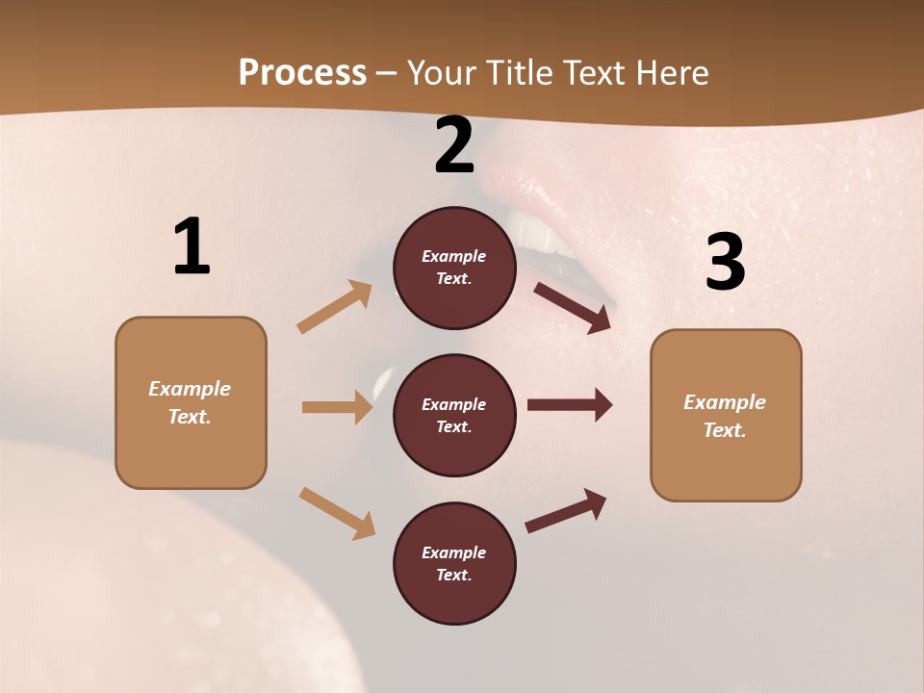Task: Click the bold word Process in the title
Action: click(302, 72)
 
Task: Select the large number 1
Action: click(191, 246)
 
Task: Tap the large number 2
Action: click(454, 145)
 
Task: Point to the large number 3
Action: click(725, 262)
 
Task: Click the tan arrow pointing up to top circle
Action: click(335, 307)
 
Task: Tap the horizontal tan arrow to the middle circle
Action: click(337, 407)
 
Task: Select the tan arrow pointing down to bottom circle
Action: click(337, 513)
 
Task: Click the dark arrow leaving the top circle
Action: click(573, 307)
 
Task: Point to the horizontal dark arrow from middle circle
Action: click(570, 404)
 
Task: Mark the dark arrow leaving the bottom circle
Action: click(566, 511)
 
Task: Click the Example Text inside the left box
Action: click(190, 402)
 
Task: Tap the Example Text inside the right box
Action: click(725, 416)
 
